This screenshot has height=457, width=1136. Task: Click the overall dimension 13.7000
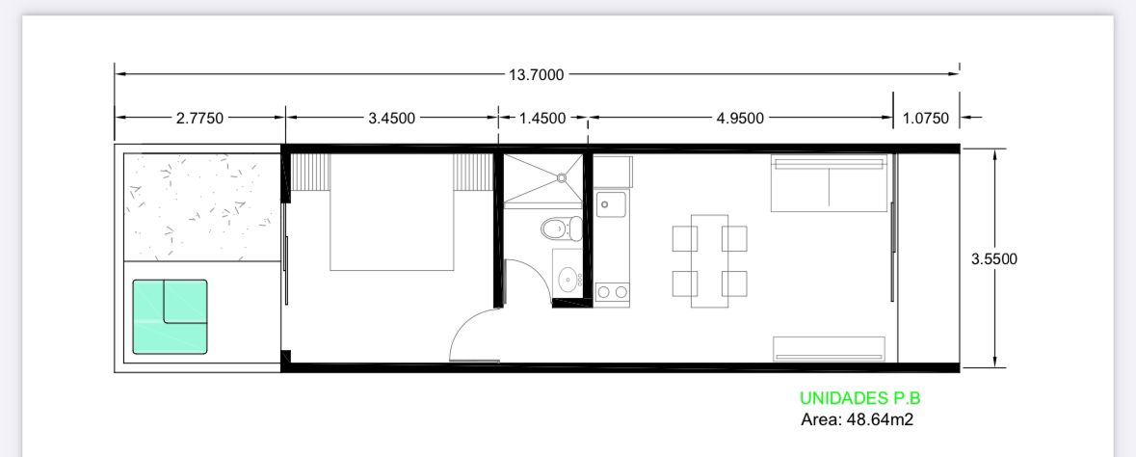[x=536, y=74]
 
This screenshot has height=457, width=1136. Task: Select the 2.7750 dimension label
[x=200, y=119]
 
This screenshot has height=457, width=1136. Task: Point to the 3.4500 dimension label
[x=392, y=119]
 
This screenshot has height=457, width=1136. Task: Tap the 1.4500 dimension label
[x=542, y=119]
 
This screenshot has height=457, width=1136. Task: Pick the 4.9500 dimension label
[x=740, y=119]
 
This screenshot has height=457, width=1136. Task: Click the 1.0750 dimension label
[x=925, y=119]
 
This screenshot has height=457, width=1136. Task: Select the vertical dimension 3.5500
[x=994, y=259]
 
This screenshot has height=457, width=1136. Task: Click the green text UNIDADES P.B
[x=860, y=398]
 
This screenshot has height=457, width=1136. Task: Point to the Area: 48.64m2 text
[x=858, y=419]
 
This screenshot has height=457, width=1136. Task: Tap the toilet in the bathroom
[x=562, y=228]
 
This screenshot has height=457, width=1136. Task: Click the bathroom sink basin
[x=569, y=278]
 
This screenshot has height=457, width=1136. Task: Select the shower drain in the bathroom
[x=562, y=176]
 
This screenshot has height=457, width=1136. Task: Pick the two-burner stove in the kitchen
[x=613, y=293]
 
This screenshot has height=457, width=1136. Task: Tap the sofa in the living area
[x=829, y=183]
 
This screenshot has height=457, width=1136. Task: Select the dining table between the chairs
[x=709, y=260]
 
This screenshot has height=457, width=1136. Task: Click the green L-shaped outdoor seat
[x=171, y=317]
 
